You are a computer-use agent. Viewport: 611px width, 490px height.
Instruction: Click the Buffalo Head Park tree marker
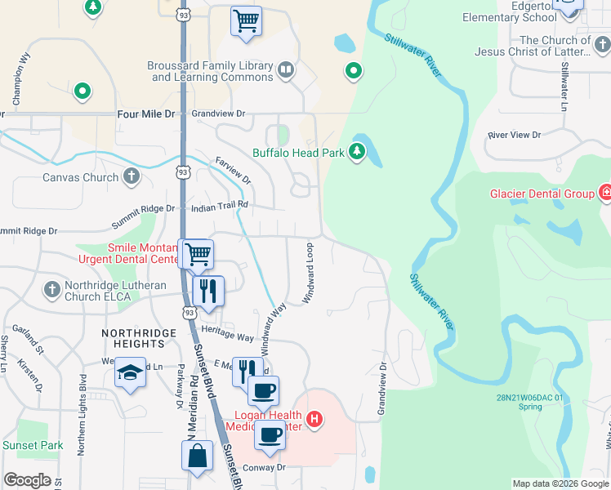pyautogui.click(x=357, y=151)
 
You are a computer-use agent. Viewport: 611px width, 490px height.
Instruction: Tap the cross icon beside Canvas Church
pyautogui.click(x=132, y=177)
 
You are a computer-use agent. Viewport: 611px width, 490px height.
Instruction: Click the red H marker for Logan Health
pyautogui.click(x=314, y=421)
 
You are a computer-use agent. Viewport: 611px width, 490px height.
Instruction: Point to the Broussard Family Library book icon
pyautogui.click(x=285, y=70)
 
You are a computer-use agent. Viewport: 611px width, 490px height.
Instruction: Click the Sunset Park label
pyautogui.click(x=33, y=445)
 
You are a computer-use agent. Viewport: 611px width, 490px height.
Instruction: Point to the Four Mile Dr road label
pyautogui.click(x=146, y=115)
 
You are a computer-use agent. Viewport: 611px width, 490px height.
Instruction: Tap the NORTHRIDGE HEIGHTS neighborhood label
pyautogui.click(x=139, y=340)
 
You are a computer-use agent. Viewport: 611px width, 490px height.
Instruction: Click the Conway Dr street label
pyautogui.click(x=265, y=468)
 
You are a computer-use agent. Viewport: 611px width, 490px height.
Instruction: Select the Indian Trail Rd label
pyautogui.click(x=219, y=207)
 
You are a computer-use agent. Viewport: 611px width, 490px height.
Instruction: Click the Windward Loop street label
pyautogui.click(x=309, y=273)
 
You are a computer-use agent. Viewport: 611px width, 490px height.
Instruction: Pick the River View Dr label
pyautogui.click(x=514, y=135)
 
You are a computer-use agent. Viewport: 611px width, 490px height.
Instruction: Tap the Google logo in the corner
pyautogui.click(x=27, y=480)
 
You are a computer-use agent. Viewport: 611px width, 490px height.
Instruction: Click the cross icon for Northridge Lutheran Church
pyautogui.click(x=51, y=289)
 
